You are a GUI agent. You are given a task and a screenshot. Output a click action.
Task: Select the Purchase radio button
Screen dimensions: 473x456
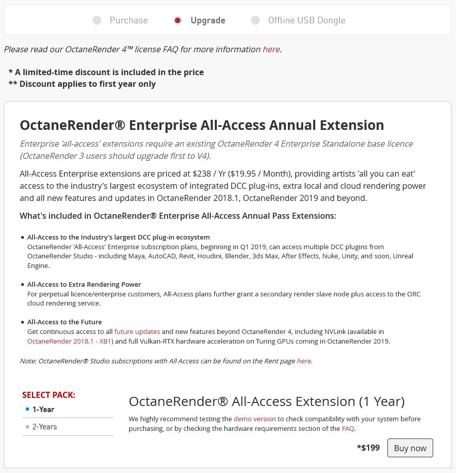pos(97,20)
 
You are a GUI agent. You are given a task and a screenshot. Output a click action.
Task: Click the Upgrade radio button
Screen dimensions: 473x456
pos(178,20)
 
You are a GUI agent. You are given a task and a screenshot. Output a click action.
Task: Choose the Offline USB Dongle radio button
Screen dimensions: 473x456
pos(255,20)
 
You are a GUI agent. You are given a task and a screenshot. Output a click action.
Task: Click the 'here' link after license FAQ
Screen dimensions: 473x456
pos(271,49)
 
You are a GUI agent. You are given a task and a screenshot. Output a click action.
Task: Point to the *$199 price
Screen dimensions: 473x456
pos(368,448)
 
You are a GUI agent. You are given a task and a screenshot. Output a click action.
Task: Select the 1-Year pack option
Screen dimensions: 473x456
pos(43,410)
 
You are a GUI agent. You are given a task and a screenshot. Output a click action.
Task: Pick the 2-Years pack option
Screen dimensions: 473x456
pos(45,427)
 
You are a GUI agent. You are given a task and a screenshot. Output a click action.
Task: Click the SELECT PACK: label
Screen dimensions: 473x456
pos(49,395)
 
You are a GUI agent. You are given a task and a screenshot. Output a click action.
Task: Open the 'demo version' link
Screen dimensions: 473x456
pos(254,419)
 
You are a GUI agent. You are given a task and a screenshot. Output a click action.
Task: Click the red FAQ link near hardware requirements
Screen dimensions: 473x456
pos(348,428)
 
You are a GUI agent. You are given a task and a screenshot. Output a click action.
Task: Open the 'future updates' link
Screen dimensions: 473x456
pos(137,332)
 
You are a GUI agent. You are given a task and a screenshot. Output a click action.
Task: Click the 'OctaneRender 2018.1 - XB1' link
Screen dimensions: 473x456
pos(70,341)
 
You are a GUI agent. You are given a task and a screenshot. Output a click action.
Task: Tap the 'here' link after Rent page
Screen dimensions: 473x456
pos(304,361)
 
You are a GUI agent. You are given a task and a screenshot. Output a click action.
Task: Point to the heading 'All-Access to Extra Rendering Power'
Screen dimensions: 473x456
pos(84,284)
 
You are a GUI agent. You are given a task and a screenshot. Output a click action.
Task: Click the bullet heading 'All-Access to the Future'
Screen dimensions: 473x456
pos(64,322)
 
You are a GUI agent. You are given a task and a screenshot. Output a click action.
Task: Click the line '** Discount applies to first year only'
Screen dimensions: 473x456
pos(82,84)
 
